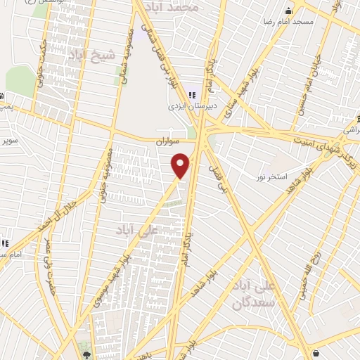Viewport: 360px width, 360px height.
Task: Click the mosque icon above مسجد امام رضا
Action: point(288,11)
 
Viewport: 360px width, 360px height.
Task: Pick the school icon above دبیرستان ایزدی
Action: point(192,96)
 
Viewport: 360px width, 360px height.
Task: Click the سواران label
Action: point(169,141)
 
